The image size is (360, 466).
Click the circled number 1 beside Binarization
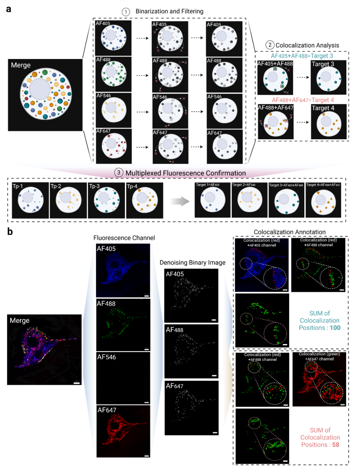tap(126, 12)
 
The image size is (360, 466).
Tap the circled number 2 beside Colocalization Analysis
tap(270, 45)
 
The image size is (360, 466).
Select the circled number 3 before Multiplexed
tap(119, 173)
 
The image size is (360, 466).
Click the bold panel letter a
tap(9, 9)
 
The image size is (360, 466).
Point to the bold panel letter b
tap(10, 232)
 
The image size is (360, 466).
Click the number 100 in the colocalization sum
tap(335, 328)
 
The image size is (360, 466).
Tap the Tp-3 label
tap(94, 186)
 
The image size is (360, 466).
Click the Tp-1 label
tap(18, 186)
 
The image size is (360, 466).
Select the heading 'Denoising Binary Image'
tap(192, 263)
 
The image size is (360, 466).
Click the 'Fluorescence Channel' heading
tap(124, 238)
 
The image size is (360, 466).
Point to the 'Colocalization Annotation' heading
tap(290, 232)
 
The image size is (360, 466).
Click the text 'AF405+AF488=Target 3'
tap(302, 56)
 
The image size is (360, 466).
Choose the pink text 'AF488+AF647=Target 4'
tap(303, 100)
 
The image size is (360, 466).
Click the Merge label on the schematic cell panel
tap(21, 65)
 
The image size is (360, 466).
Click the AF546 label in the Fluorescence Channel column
tap(106, 357)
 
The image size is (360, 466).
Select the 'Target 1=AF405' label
tap(208, 185)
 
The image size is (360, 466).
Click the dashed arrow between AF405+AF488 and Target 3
tap(303, 77)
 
